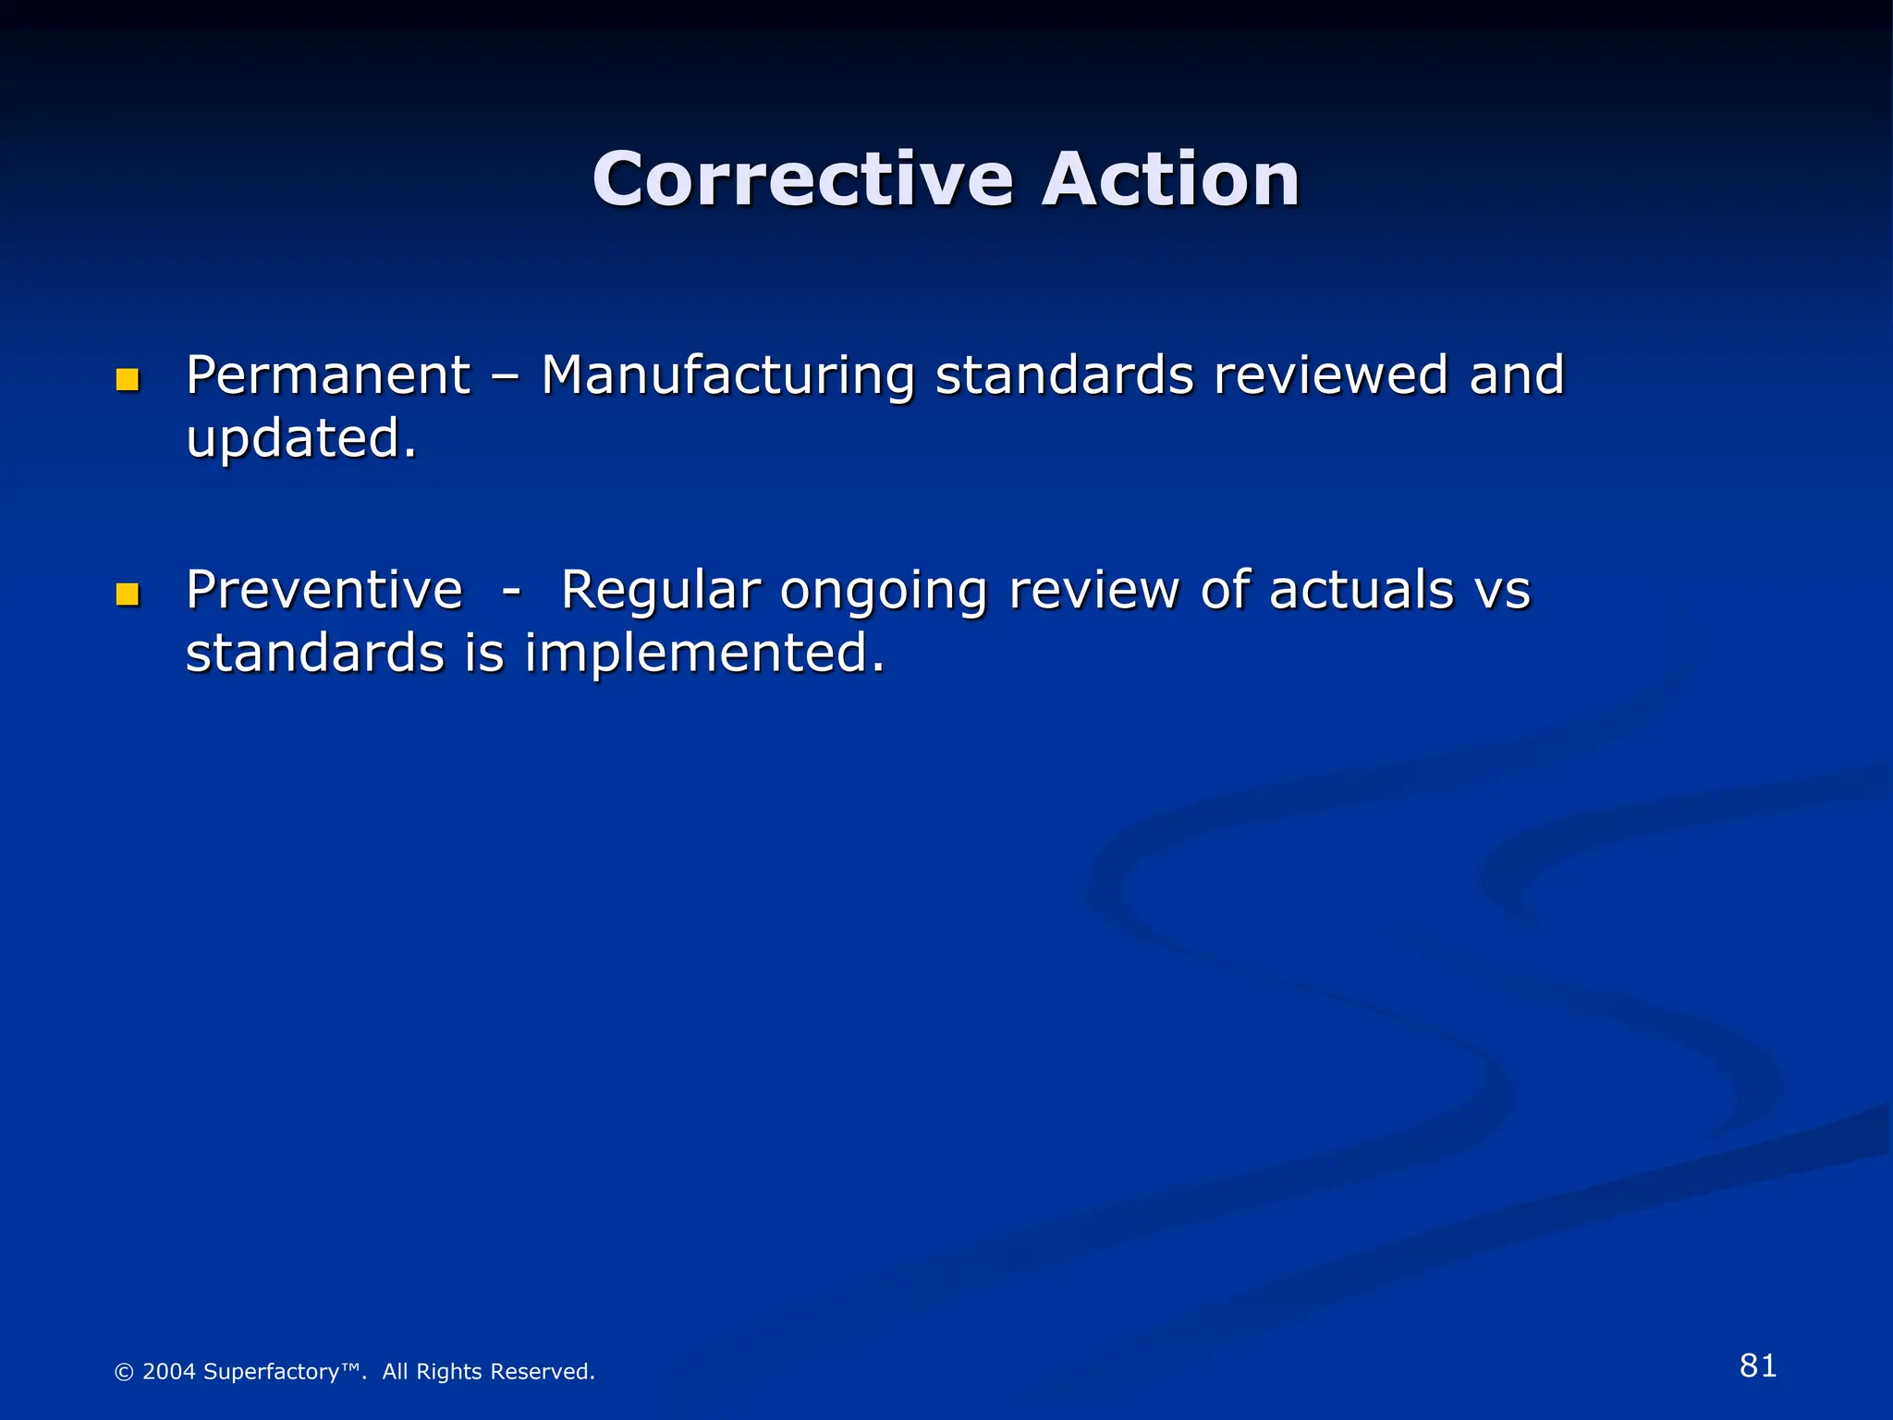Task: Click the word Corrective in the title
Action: (802, 179)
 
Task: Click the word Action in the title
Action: (1170, 179)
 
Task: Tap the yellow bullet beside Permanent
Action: (128, 380)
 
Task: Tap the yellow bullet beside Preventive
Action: (128, 594)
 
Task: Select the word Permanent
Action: (328, 376)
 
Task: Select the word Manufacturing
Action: (727, 376)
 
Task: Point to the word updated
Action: (300, 439)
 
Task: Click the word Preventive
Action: (324, 590)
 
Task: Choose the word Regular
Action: (660, 592)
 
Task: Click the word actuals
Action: (1362, 590)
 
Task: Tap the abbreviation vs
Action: (1503, 592)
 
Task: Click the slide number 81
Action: (1757, 1365)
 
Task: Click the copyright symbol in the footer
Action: (124, 1372)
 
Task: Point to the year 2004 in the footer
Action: (169, 1372)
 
